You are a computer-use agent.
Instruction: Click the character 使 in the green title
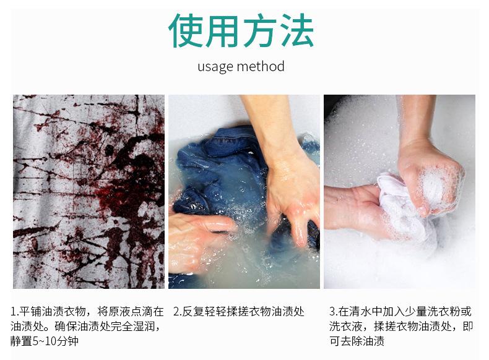coord(186,30)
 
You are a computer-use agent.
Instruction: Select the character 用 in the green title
coord(222,30)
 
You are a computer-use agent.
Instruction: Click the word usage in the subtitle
coord(215,67)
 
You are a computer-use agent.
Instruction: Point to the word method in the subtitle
coord(261,66)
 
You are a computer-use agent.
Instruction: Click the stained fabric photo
coord(89,191)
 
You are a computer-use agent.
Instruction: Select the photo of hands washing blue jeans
coord(244,191)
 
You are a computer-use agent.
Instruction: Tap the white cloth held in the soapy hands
coord(402,206)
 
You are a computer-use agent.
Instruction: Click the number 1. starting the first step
coord(14,311)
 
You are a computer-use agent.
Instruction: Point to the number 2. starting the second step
coord(178,311)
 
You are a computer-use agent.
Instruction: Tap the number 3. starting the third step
coord(334,311)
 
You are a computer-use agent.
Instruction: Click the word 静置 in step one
coord(22,341)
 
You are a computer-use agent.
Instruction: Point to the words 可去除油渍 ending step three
coord(357,341)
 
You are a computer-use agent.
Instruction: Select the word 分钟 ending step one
coord(68,341)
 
